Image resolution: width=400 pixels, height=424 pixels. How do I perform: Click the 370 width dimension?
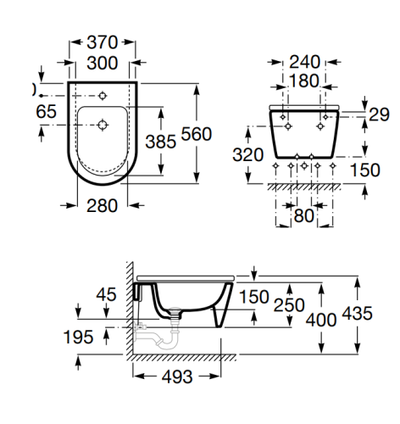coord(102,42)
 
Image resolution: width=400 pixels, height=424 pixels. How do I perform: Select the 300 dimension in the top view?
coord(102,63)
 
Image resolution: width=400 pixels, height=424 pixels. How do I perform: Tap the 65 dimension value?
coord(46,111)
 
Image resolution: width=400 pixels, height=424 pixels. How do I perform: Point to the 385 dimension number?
coord(161,142)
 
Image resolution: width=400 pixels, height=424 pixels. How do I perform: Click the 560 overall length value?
coord(197,134)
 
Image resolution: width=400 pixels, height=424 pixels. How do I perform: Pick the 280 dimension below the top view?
coord(102,206)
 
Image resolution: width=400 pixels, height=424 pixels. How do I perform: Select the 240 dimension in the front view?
coord(304,62)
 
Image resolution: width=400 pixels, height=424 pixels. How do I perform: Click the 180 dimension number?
coord(304,81)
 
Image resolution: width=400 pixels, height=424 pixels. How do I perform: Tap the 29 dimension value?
coord(379,114)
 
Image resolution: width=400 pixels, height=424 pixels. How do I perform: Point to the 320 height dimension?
coord(248,155)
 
